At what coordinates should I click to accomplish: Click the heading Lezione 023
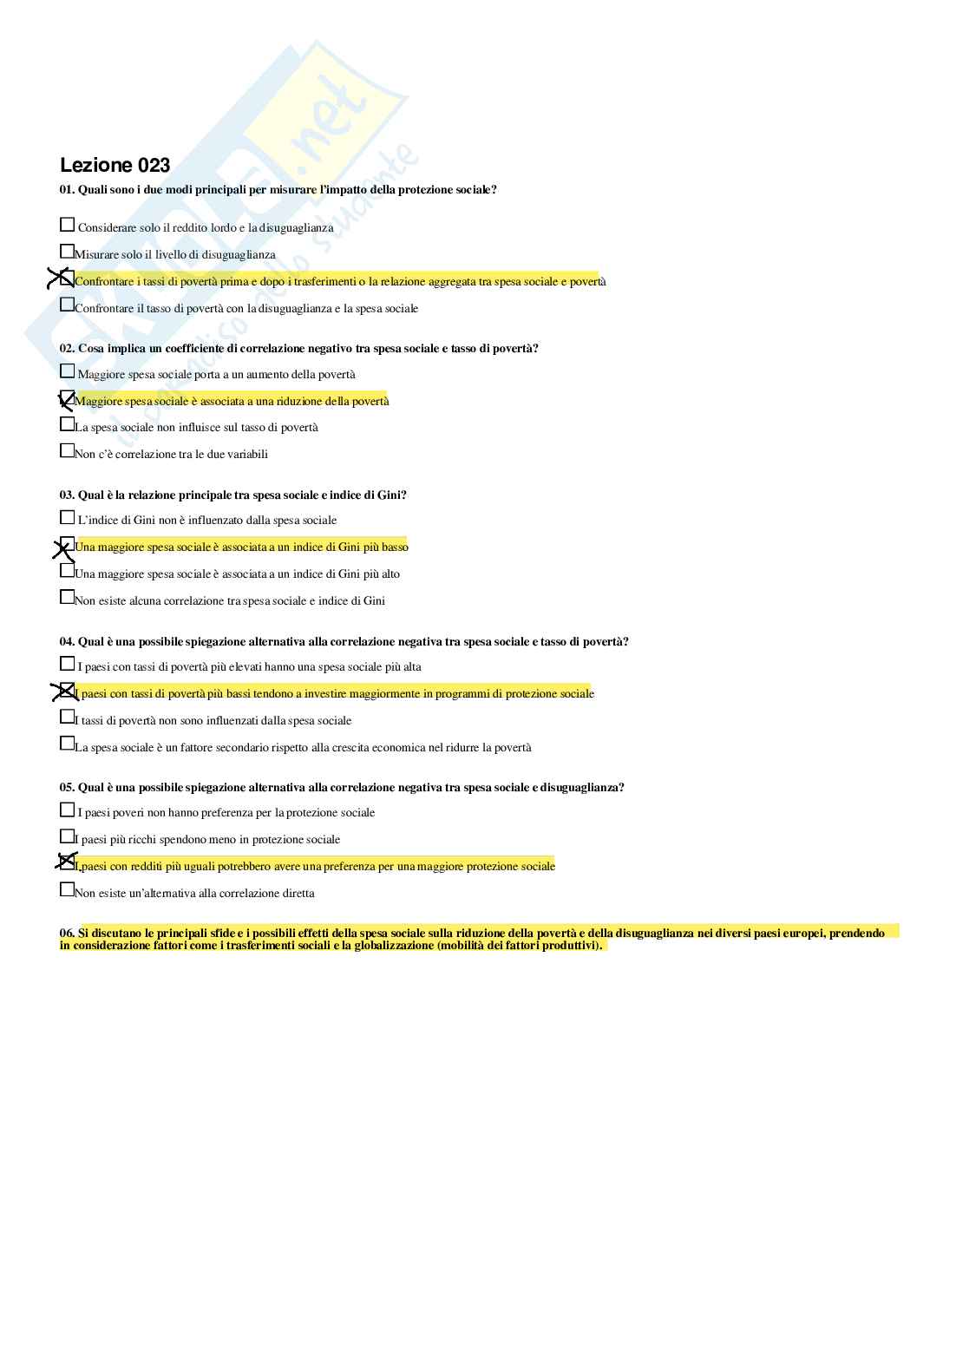115,165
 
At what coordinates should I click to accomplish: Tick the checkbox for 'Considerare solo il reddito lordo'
67,225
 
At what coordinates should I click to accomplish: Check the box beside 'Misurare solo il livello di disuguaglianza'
67,252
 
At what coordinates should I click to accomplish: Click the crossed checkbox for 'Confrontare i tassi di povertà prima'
66,279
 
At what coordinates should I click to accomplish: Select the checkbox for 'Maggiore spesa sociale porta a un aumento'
67,371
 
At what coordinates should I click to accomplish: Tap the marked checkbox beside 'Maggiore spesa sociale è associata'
66,399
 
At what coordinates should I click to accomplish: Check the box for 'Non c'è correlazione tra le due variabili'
67,451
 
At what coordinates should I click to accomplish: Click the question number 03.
67,495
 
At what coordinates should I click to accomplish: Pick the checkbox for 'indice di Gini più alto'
67,571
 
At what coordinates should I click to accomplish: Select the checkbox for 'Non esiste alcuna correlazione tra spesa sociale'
67,598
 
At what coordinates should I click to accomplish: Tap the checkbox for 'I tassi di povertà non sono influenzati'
67,718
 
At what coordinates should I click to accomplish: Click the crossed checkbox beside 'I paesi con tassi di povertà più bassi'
66,692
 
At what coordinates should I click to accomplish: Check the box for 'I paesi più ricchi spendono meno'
67,836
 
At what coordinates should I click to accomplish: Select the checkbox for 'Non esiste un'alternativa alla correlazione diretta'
67,890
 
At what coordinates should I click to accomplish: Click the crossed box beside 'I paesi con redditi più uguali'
66,862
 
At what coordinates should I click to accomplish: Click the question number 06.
67,934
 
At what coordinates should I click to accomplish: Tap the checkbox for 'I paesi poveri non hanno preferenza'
67,810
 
